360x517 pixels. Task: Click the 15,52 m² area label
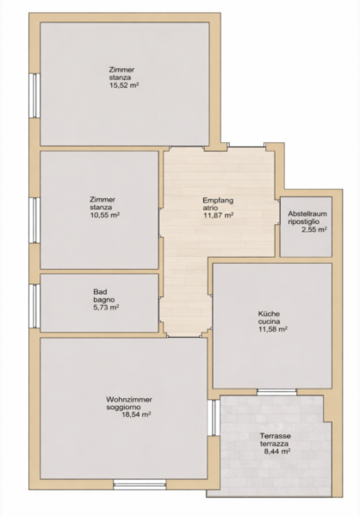click(x=124, y=85)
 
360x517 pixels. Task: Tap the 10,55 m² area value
click(x=104, y=215)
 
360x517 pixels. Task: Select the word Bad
click(x=100, y=292)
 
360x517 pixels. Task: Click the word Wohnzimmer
click(x=129, y=400)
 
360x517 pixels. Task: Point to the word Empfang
click(x=218, y=201)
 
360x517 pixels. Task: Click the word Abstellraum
click(x=307, y=214)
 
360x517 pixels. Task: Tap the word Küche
click(x=269, y=314)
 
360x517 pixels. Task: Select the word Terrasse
click(x=276, y=436)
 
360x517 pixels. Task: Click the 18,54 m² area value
click(x=136, y=414)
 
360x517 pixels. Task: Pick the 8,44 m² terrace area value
click(x=277, y=452)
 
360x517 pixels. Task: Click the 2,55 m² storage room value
click(x=314, y=229)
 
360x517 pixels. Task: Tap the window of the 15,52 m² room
click(x=34, y=96)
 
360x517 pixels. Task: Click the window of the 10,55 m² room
click(x=34, y=221)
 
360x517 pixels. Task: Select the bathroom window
click(x=34, y=306)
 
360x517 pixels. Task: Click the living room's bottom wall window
click(x=140, y=484)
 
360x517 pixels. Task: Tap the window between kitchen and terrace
click(x=277, y=392)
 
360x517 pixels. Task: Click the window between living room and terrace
click(x=214, y=418)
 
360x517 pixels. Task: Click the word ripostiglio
click(x=304, y=221)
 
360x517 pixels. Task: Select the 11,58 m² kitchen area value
click(x=273, y=329)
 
